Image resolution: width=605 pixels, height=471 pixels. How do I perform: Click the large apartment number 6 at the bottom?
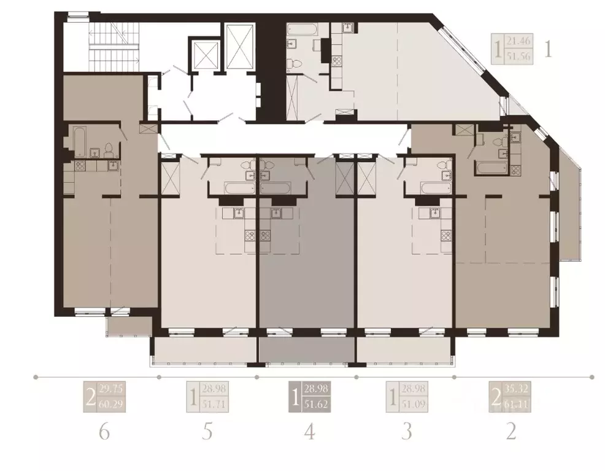tap(104, 432)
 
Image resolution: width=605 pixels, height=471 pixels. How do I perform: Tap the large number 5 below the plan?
tap(207, 432)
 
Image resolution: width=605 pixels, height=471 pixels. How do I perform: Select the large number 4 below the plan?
tap(309, 432)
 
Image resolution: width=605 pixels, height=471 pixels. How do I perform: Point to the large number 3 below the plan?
tap(406, 432)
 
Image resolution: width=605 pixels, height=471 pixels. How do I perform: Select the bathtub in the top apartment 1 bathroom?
tap(301, 29)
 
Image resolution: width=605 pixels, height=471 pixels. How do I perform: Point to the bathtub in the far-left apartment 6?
tap(80, 141)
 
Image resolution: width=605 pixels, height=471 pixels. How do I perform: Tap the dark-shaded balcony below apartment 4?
tap(307, 351)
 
